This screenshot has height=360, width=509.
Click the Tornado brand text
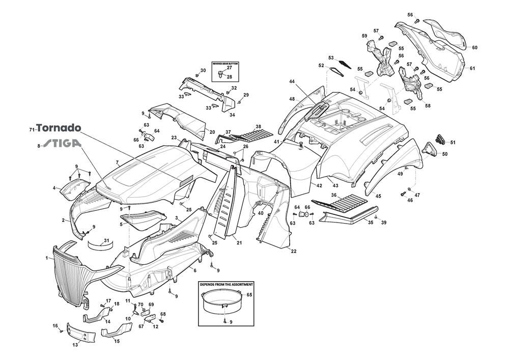(59, 129)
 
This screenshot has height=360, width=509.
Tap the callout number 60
(474, 48)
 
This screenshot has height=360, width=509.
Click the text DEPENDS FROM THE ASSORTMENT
(226, 284)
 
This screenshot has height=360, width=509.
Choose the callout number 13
(75, 345)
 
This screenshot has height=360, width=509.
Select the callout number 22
(294, 251)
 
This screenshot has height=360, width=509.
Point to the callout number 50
(445, 154)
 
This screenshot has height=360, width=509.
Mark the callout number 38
(258, 127)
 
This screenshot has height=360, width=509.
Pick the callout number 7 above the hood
(117, 163)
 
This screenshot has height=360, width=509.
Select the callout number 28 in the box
(229, 77)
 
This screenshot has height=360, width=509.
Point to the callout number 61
(472, 68)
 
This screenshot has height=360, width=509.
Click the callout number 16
(55, 325)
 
